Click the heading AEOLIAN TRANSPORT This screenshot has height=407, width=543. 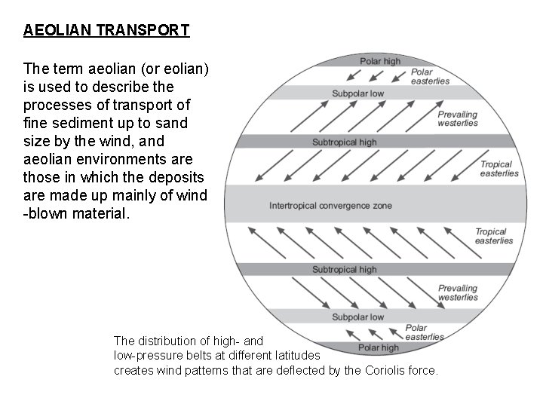coord(106,31)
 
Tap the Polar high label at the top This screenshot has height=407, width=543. coord(380,61)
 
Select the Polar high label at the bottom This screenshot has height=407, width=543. coord(379,347)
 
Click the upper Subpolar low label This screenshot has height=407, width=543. coord(358,93)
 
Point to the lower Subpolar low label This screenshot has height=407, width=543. coord(358,317)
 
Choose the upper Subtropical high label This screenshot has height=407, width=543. coord(345,142)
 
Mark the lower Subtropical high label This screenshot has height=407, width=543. coord(345,270)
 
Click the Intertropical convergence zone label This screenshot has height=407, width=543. coord(330,206)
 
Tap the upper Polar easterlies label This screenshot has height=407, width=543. coord(430,76)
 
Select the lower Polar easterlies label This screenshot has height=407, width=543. coord(424,332)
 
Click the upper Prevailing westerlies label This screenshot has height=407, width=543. coord(458,119)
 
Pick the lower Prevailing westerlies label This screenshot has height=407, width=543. coord(458,292)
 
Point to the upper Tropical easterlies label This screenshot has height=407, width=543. coord(499,169)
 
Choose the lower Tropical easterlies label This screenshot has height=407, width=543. coord(494,237)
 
